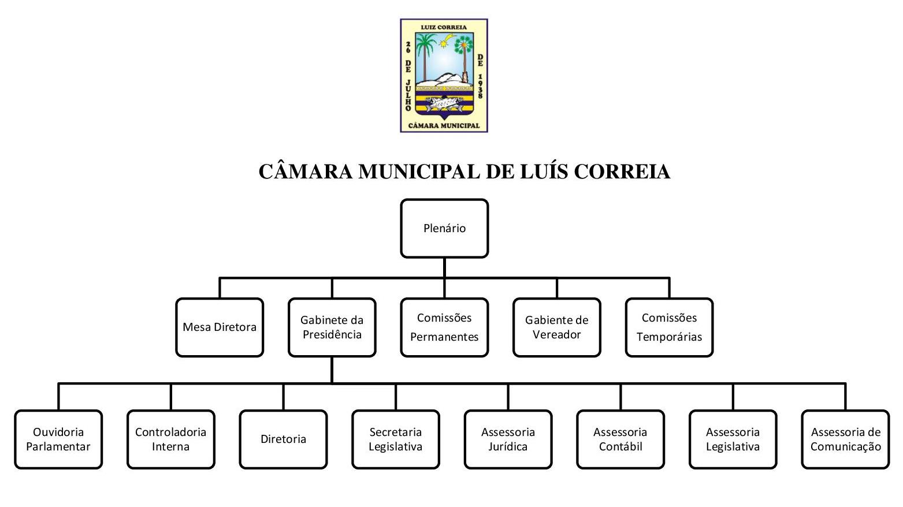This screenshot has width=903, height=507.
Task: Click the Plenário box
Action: pyautogui.click(x=444, y=228)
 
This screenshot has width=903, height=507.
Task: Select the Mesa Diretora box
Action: pyautogui.click(x=220, y=327)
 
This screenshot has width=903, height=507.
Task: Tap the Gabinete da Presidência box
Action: pyautogui.click(x=332, y=327)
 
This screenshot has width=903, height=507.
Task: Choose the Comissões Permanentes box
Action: pyautogui.click(x=444, y=327)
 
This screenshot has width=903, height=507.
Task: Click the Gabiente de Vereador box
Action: pyautogui.click(x=556, y=327)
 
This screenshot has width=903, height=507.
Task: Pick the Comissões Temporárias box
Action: pyautogui.click(x=669, y=327)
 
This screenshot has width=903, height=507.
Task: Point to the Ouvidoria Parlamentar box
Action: pyautogui.click(x=58, y=439)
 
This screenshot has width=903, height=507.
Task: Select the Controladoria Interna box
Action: pyautogui.click(x=170, y=439)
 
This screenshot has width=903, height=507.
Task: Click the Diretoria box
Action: pyautogui.click(x=283, y=439)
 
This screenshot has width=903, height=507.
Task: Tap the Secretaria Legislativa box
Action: pyautogui.click(x=396, y=439)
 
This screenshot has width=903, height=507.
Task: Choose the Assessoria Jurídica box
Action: pyautogui.click(x=508, y=439)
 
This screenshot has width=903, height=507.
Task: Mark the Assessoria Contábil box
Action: pyautogui.click(x=620, y=439)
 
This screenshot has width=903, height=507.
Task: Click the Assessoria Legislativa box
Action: pyautogui.click(x=733, y=439)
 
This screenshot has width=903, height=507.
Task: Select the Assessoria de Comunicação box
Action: pyautogui.click(x=845, y=439)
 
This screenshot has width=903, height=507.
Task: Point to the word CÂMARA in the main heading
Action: pyautogui.click(x=305, y=172)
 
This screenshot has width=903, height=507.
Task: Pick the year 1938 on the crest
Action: pyautogui.click(x=480, y=85)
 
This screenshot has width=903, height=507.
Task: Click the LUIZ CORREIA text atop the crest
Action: pyautogui.click(x=444, y=27)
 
